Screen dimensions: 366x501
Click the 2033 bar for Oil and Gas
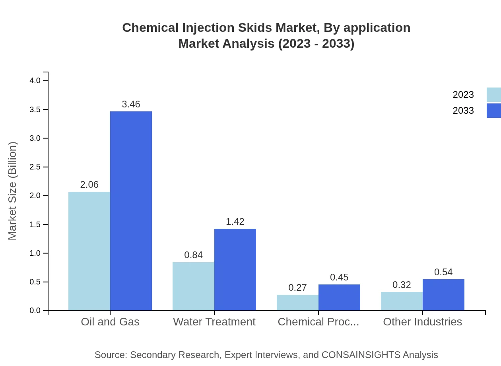coord(131,211)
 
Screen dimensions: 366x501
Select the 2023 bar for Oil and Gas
coord(89,251)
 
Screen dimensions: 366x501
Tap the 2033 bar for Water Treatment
coord(235,269)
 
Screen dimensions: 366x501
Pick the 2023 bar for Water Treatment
coord(193,286)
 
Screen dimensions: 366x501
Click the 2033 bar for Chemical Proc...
coord(339,297)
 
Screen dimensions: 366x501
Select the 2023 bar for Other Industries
coord(402,301)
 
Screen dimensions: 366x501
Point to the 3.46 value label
coord(131,104)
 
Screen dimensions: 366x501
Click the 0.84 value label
coord(193,255)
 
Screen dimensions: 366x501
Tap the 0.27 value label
coord(297,288)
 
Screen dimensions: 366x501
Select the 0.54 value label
coord(443,272)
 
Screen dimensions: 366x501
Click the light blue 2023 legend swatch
coord(493,95)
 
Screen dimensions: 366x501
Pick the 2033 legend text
coord(463,111)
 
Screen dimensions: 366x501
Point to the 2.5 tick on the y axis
coord(45,167)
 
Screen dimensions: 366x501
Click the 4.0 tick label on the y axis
coord(35,81)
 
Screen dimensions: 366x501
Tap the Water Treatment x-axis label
coord(214,321)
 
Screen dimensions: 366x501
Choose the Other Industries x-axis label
coord(422,321)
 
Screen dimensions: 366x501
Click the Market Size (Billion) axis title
coord(13,191)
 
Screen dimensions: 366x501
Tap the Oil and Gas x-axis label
coord(110,321)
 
